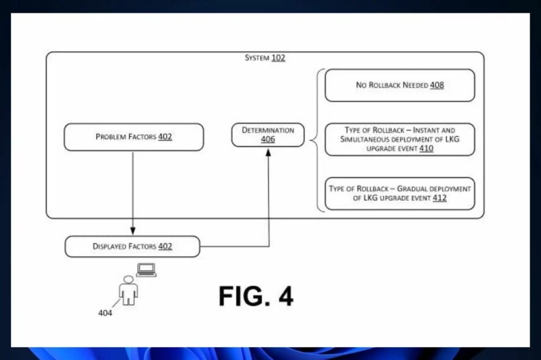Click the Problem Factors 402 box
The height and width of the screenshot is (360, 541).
coord(134,137)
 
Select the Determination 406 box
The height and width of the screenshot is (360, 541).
coord(268,135)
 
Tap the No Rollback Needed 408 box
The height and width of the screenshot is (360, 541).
coord(400,85)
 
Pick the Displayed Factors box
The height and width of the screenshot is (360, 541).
coord(133,247)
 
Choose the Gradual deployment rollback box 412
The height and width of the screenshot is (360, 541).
coord(400,193)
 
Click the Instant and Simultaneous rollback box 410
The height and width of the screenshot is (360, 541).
coord(400,139)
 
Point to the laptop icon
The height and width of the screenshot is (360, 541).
coord(147,270)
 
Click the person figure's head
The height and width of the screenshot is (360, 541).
coord(128,279)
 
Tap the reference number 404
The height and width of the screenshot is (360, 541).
coord(105,313)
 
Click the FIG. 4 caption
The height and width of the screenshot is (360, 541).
coord(256,296)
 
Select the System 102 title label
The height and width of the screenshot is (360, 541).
coord(265,58)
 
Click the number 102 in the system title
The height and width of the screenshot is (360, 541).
coord(278,58)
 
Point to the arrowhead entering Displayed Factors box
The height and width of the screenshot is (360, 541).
coord(133,231)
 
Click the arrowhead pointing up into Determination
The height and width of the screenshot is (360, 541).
coord(268,152)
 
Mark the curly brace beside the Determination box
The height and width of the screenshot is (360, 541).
coord(317,140)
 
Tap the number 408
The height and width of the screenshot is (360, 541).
coord(437,85)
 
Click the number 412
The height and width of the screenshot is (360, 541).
coord(440,198)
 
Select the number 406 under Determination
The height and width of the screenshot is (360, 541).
coord(268,139)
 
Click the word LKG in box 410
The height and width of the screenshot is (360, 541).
coord(452,139)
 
